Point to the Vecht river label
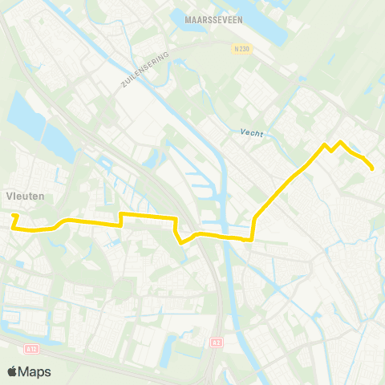[251, 133]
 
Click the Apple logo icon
[12, 371]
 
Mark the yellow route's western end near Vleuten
[13, 216]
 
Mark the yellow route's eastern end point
[373, 168]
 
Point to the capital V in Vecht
[242, 133]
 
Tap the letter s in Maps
[47, 372]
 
